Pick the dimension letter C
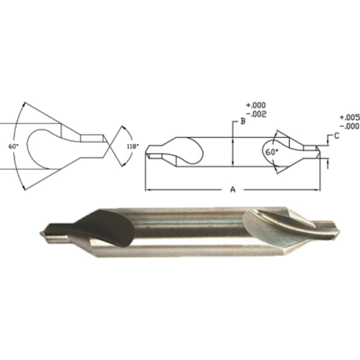336,136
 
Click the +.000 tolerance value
254,105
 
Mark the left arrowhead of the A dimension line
147,190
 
